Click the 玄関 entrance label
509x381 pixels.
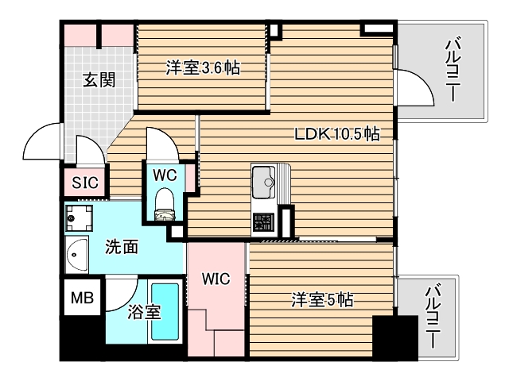coord(99,79)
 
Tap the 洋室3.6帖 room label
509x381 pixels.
coord(203,68)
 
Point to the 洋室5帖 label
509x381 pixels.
coord(321,300)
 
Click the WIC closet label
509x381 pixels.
coord(215,279)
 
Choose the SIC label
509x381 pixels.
coord(84,183)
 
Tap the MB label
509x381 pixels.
coord(82,298)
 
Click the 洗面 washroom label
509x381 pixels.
coord(122,247)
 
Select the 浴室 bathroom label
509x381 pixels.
coord(144,312)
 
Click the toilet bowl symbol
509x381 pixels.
coord(165,202)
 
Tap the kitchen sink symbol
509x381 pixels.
coord(263,184)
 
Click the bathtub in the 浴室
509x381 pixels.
coord(166,312)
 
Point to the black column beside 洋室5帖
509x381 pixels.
coord(395,337)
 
